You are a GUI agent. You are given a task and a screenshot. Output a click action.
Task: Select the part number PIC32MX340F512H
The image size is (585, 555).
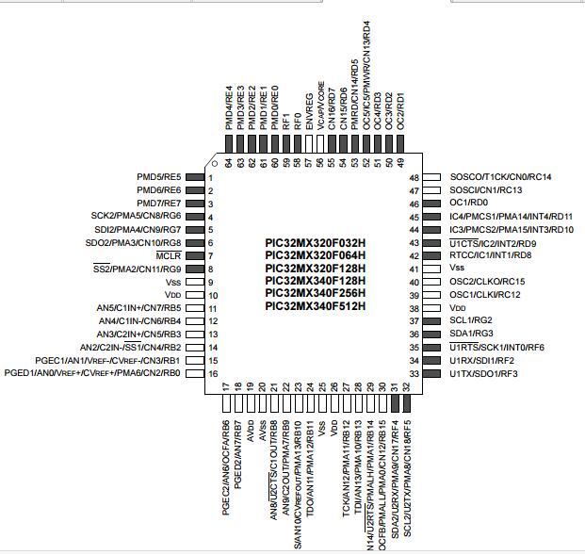(x=315, y=306)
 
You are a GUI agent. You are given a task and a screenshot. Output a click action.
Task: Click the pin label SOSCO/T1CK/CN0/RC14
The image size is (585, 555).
(x=500, y=177)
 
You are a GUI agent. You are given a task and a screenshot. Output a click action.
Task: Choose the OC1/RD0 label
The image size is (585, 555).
(x=469, y=203)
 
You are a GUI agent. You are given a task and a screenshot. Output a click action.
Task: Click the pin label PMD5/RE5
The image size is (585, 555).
(x=159, y=177)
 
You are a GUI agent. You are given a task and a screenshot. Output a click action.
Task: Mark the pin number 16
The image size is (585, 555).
(x=212, y=373)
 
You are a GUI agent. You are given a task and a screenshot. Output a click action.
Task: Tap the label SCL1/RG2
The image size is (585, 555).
(x=471, y=320)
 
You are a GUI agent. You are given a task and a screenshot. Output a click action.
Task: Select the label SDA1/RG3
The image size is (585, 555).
(x=472, y=334)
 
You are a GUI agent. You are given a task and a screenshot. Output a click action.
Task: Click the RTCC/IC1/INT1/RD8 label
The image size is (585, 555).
(x=491, y=255)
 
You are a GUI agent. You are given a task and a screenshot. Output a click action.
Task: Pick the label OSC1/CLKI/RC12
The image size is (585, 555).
(x=485, y=294)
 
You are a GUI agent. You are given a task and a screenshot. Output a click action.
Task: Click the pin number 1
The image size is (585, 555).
(x=211, y=177)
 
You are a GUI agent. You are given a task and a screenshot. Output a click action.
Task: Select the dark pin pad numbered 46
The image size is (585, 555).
(x=433, y=190)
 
